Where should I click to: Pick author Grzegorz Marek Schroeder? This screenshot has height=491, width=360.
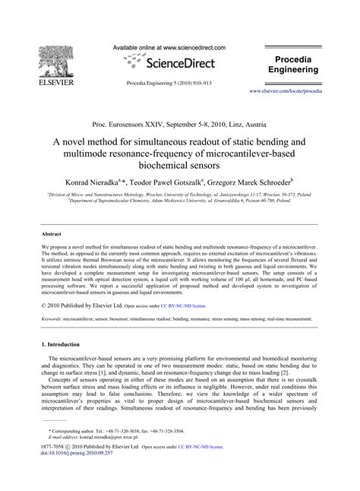(261, 182)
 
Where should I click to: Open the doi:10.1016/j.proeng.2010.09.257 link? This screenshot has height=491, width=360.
(80, 477)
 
